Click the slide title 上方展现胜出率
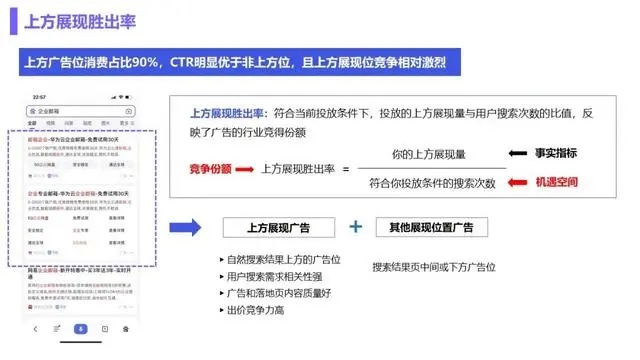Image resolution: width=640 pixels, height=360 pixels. (75, 19)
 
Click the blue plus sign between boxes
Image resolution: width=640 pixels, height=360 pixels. (355, 227)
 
